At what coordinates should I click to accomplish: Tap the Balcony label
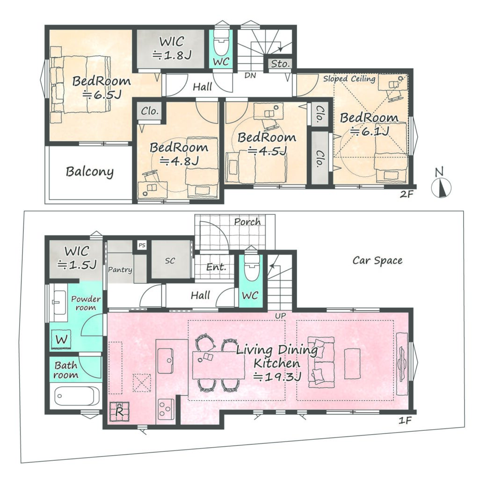[x=89, y=171]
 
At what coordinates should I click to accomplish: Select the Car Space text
[x=377, y=261]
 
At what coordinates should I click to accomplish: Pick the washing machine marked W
[x=61, y=340]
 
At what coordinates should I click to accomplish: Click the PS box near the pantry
[x=142, y=245]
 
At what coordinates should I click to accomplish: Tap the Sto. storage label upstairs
[x=280, y=64]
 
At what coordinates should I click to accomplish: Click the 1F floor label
[x=405, y=421]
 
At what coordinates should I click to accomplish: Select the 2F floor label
[x=406, y=194]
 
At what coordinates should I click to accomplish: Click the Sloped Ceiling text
[x=349, y=79]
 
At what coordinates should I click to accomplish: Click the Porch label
[x=247, y=221]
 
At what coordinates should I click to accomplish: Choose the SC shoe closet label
[x=170, y=261]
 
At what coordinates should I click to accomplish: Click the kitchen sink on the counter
[x=165, y=361]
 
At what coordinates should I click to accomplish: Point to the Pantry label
[x=120, y=270]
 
